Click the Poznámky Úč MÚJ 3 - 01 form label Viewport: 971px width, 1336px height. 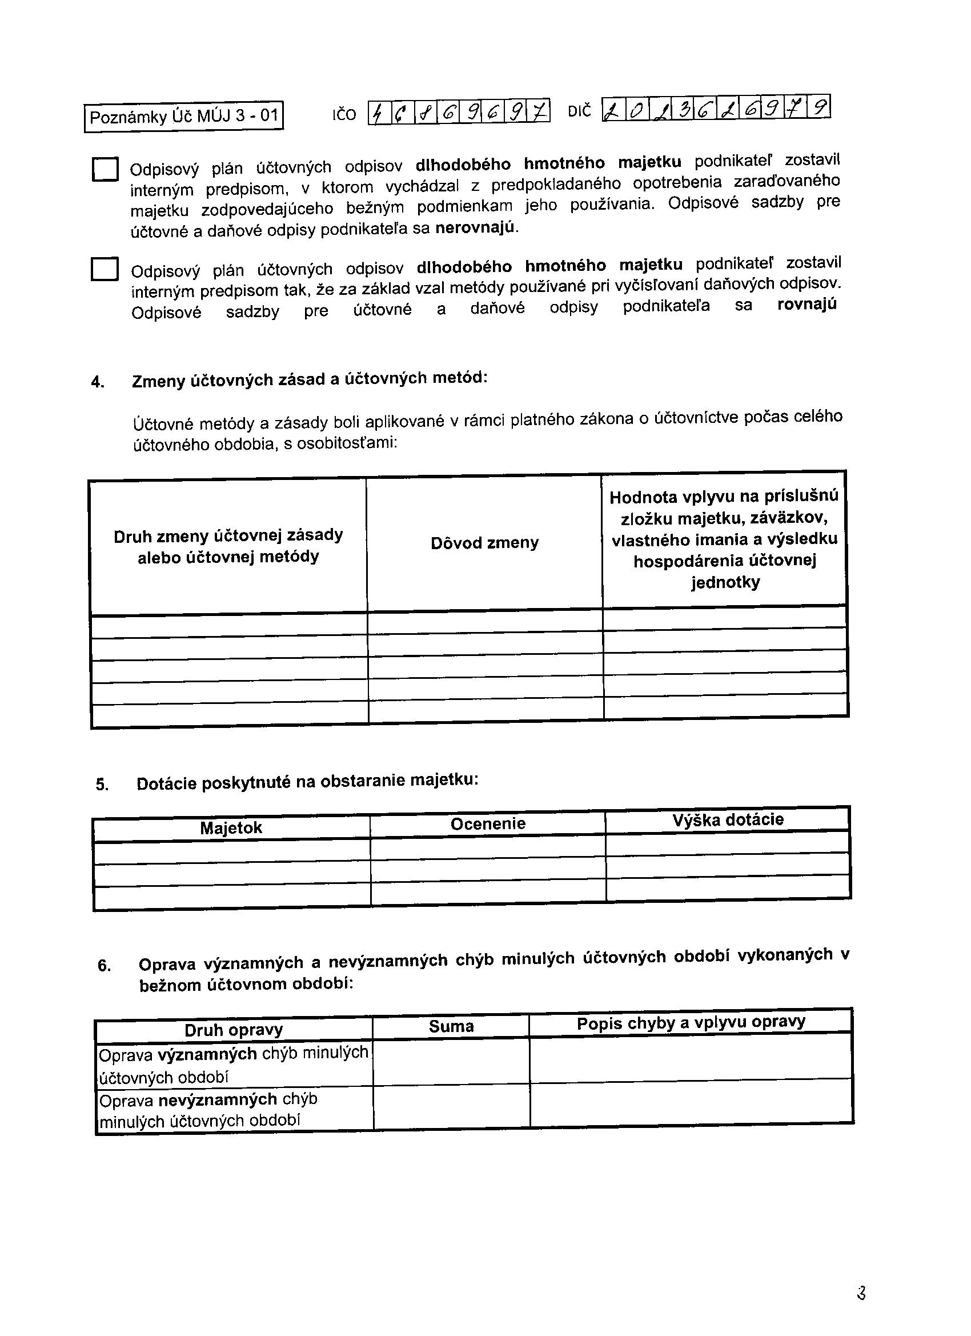coord(184,116)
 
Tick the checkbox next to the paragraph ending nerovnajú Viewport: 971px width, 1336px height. coord(106,170)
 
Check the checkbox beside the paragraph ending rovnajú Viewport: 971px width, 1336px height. coord(104,269)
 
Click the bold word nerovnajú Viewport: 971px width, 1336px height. coord(476,227)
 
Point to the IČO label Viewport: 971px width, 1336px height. coord(344,114)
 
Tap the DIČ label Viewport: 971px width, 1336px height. coord(579,111)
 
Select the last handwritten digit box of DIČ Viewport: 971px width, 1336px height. coord(819,107)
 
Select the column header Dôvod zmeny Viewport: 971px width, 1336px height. coord(484,542)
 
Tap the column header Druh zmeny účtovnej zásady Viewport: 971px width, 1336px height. coord(228,546)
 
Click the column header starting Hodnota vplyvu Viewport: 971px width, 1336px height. coord(724,539)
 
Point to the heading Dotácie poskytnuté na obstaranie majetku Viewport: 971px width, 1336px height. coord(307,782)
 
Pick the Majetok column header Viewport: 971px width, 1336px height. coord(231,827)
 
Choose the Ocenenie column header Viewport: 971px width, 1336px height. coord(488,823)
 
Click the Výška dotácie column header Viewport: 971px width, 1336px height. coord(728,819)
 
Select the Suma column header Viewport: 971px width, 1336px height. coord(451,1027)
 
